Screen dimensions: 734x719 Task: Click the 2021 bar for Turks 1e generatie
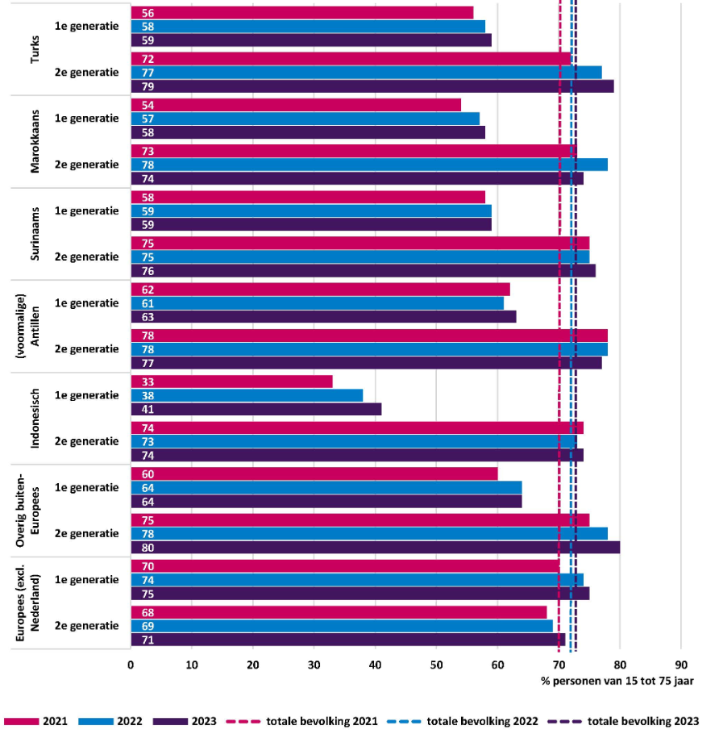302,12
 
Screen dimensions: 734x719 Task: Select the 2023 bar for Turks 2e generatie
372,86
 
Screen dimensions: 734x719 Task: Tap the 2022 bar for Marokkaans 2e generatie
369,165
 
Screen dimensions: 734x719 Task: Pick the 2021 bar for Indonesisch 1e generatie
232,382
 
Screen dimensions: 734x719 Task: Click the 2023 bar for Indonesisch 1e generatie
256,409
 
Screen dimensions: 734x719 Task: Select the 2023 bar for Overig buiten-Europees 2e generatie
375,548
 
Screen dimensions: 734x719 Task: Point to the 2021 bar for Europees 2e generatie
339,612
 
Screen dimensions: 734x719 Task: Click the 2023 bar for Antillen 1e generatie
323,317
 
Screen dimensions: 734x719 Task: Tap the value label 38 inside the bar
148,395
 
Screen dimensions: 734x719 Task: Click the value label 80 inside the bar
148,548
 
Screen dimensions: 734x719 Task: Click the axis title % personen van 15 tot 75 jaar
617,682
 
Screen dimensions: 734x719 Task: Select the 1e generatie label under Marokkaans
86,119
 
